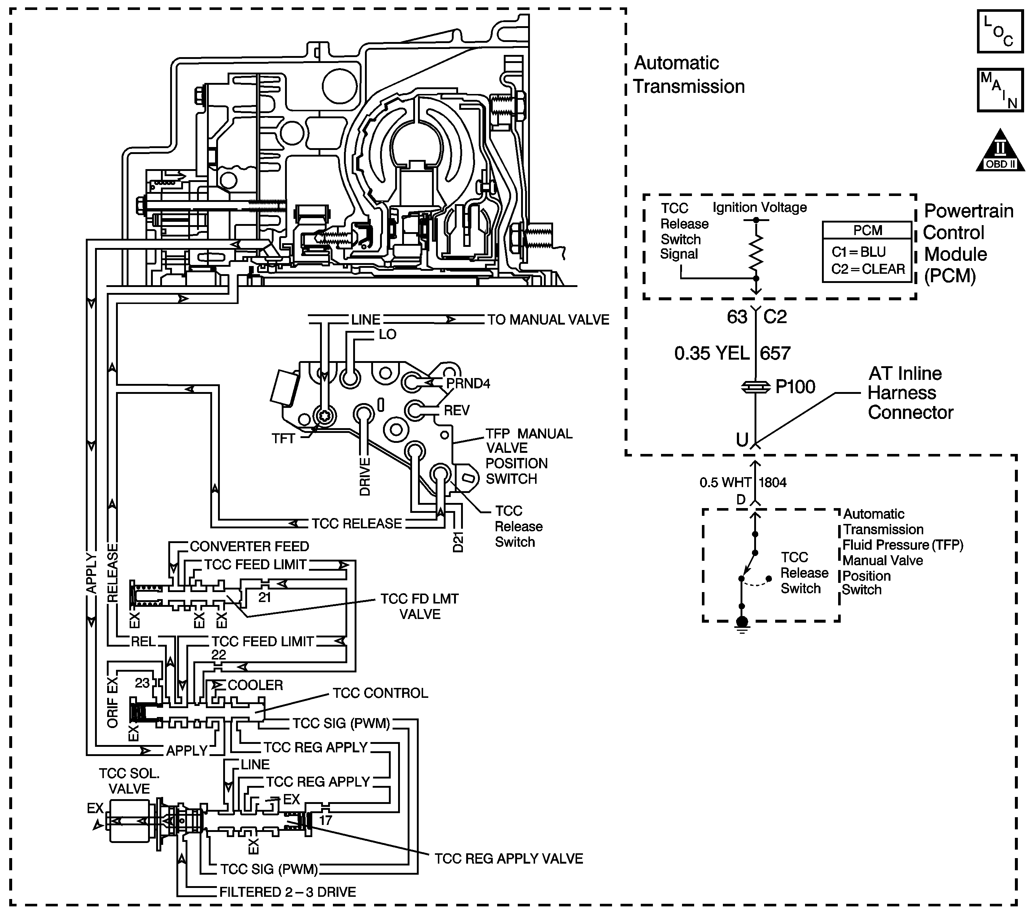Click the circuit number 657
[776, 353]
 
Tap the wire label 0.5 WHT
[725, 482]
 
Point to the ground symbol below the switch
[742, 624]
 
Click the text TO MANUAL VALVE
[548, 320]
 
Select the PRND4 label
[468, 383]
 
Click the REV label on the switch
[457, 410]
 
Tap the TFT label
[283, 438]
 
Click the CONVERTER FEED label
[249, 546]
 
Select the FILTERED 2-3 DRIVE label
[288, 892]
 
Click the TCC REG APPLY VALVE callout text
[509, 858]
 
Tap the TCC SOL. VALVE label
[130, 781]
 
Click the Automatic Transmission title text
[689, 75]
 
